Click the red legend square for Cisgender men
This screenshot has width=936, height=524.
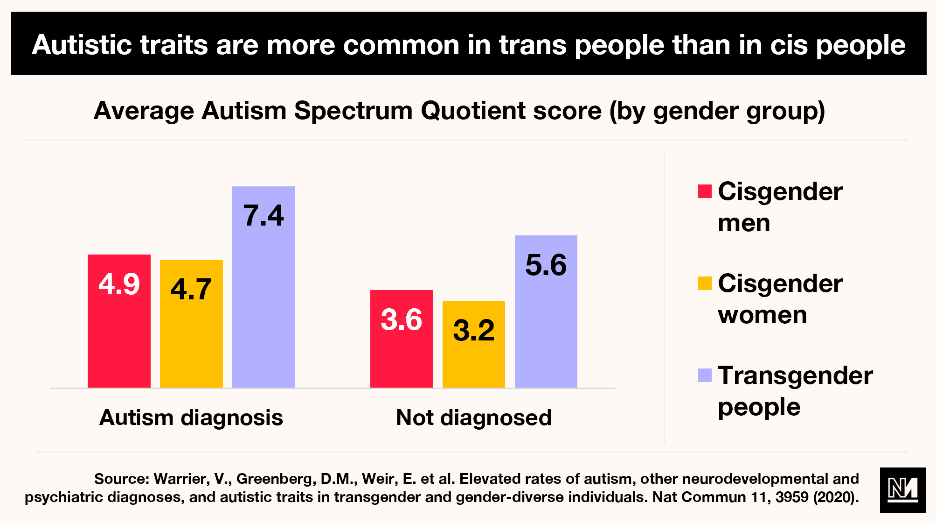[x=705, y=191]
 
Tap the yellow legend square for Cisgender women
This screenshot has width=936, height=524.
[x=705, y=283]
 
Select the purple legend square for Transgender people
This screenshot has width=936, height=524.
[x=705, y=375]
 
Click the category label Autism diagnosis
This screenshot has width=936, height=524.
[x=191, y=418]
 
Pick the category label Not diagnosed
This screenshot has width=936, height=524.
[x=473, y=418]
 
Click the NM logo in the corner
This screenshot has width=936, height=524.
[x=902, y=490]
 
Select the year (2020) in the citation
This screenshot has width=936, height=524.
[x=836, y=497]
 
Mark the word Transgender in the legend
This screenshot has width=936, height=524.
[x=795, y=375]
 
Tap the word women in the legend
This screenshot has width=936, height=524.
[x=762, y=315]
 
